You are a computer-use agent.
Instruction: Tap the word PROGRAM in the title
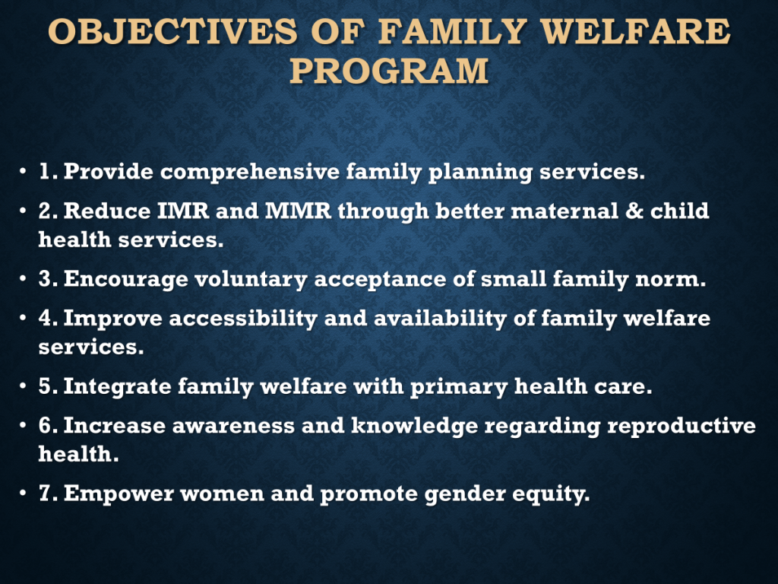[390, 71]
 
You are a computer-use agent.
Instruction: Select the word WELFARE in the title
[635, 31]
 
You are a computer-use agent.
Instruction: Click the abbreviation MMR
[298, 211]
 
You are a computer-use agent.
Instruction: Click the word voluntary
[251, 280]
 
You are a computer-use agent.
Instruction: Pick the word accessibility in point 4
[243, 319]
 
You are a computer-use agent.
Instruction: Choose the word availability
[440, 319]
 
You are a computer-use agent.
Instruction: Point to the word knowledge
[415, 426]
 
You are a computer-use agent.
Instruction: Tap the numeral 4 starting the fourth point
[45, 319]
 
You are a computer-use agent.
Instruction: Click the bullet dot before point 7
[23, 494]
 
